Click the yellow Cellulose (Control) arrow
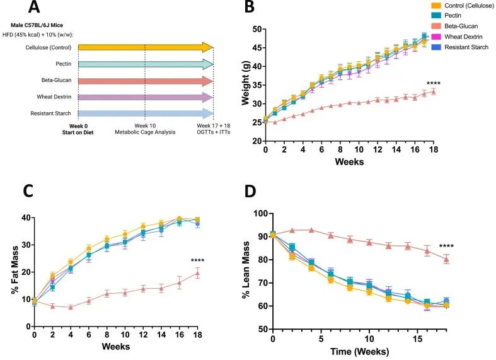point(146,47)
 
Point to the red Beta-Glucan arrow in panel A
point(146,81)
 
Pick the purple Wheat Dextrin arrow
point(146,97)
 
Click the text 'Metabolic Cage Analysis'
point(144,133)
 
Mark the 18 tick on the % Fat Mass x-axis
point(198,335)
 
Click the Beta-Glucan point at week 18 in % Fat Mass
point(198,273)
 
